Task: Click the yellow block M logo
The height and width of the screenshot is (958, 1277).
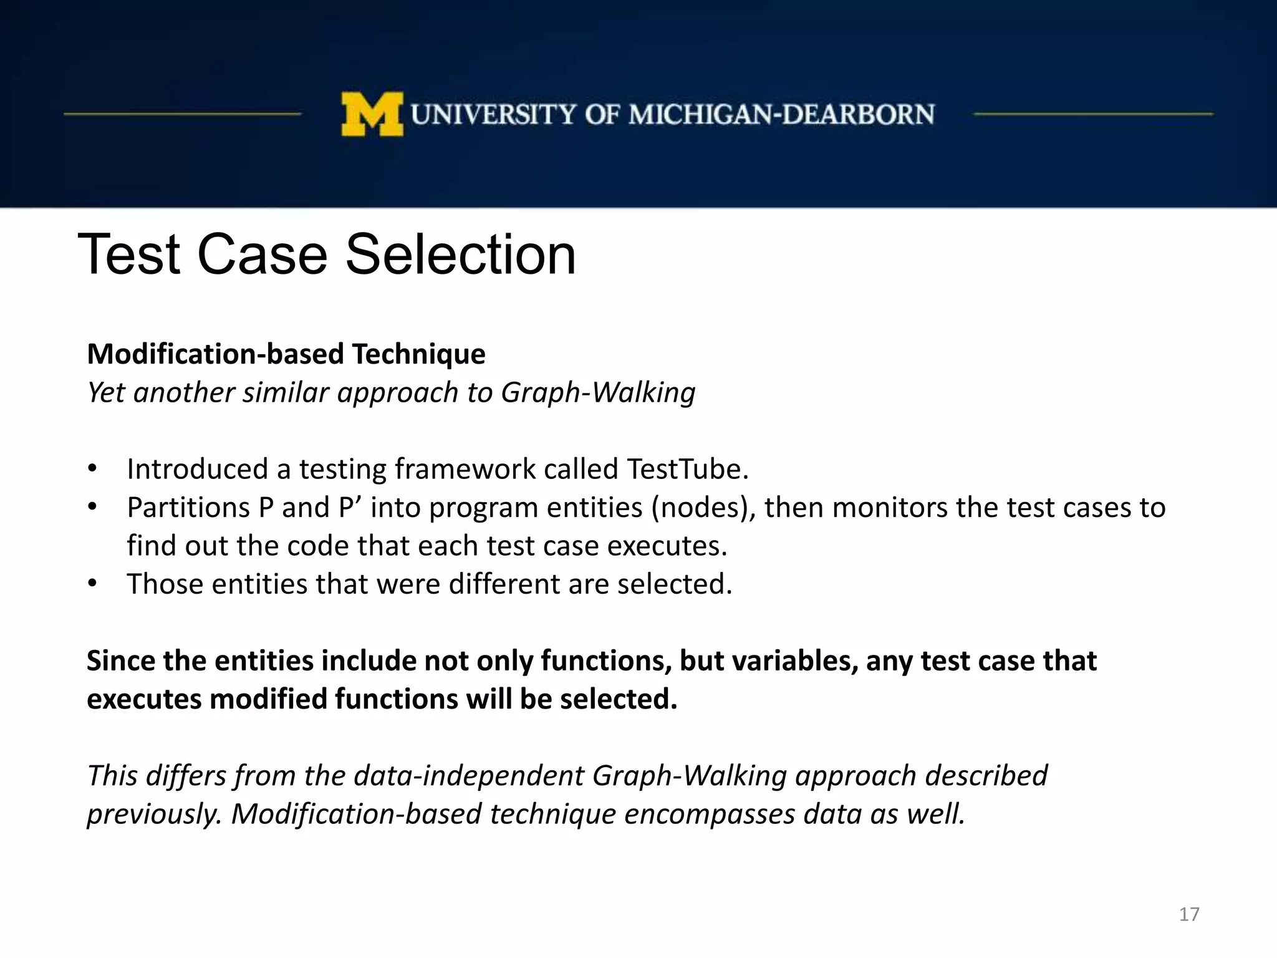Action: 372,114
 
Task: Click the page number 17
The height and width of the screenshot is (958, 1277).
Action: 1189,914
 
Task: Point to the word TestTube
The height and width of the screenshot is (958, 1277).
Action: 687,469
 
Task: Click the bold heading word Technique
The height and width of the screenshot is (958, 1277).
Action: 418,354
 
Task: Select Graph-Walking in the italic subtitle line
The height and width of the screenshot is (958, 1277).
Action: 598,393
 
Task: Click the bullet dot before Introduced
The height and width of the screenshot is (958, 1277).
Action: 92,469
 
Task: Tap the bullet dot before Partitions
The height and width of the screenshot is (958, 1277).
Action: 92,508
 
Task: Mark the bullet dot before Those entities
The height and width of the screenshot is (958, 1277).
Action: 92,584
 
